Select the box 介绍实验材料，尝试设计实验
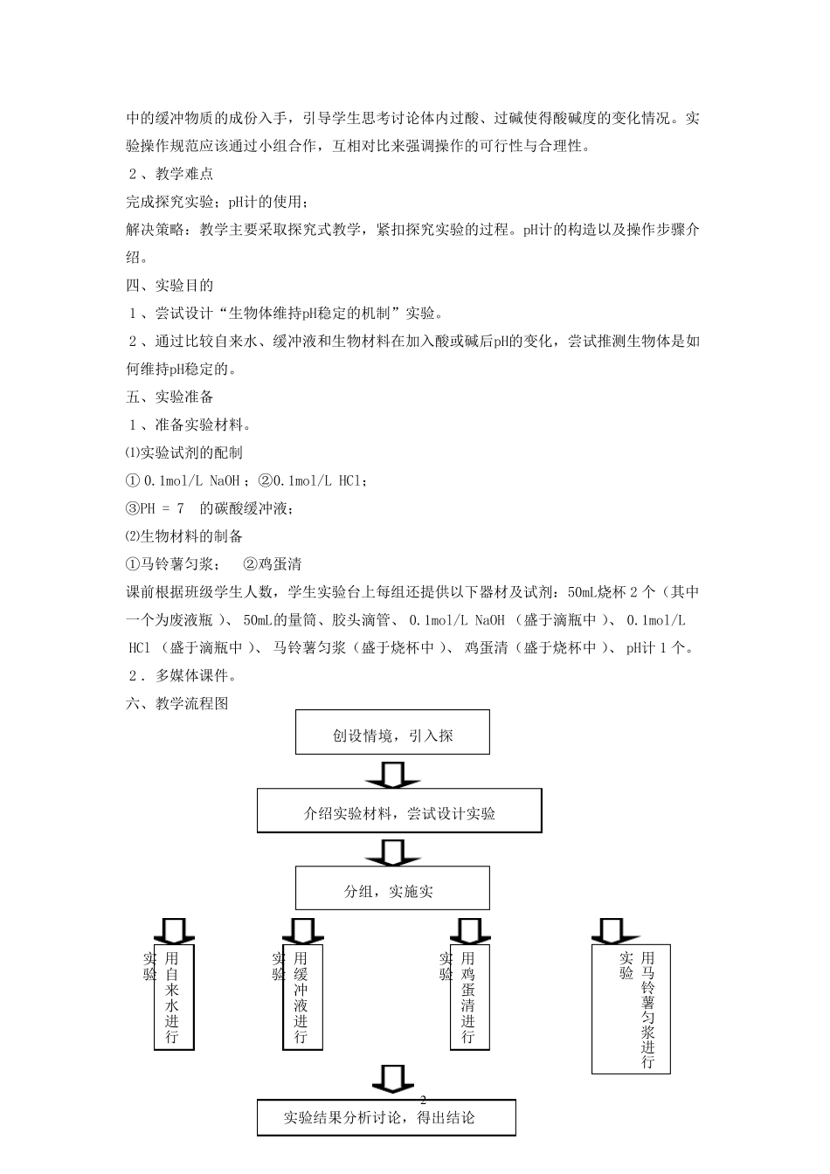(399, 811)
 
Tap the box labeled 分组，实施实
(392, 888)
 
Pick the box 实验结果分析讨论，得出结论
(386, 1117)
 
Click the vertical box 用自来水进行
(173, 997)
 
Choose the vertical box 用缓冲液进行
(302, 997)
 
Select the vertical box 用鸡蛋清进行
(469, 997)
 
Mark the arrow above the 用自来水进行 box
(173, 929)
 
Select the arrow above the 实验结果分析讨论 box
(392, 1078)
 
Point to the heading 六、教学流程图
(177, 703)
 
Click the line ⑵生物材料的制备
(184, 536)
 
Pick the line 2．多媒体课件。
(183, 675)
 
